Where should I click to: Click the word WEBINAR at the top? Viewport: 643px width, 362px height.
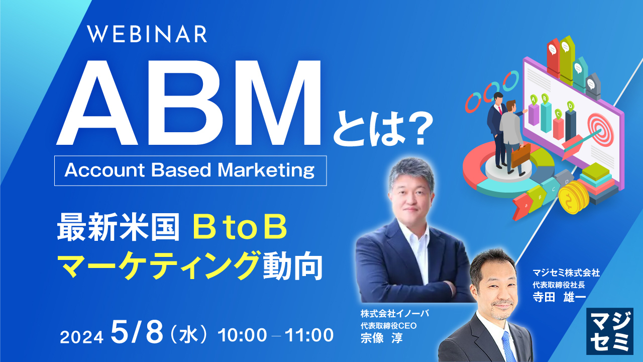[x=147, y=34]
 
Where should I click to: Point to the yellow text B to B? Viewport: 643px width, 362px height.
[x=240, y=229]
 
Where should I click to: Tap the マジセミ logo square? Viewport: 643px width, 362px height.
[x=609, y=331]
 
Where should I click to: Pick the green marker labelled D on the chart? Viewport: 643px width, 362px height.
[x=570, y=105]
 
